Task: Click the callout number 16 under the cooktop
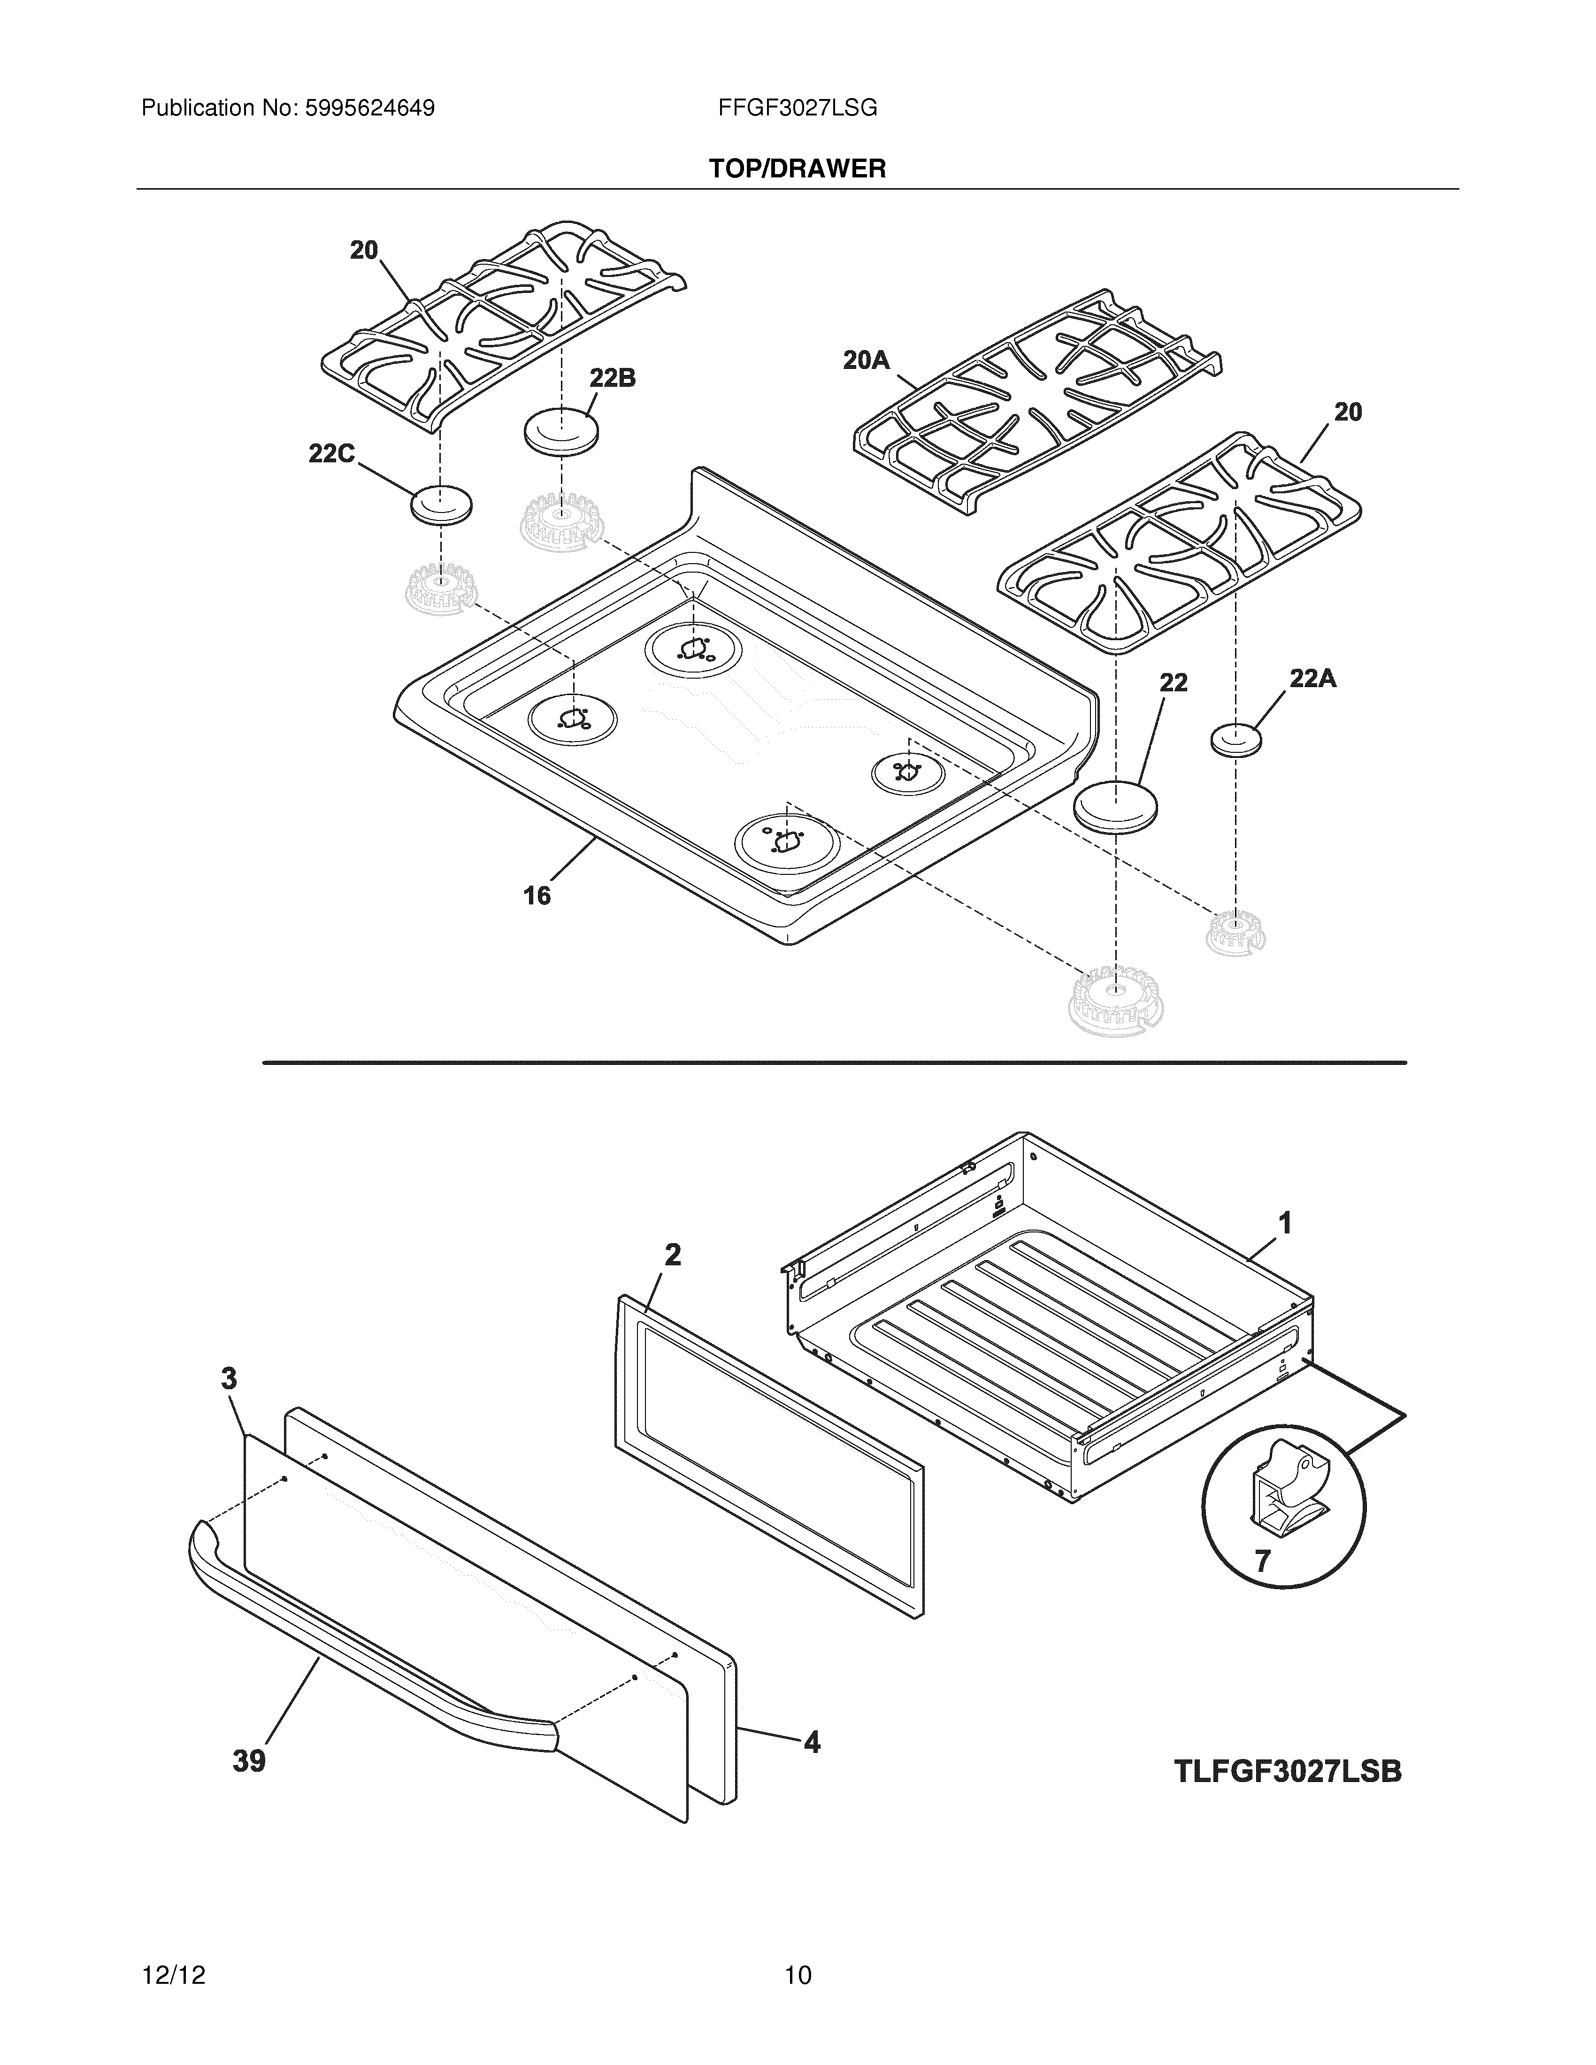537,895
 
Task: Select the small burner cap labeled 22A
1237,739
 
